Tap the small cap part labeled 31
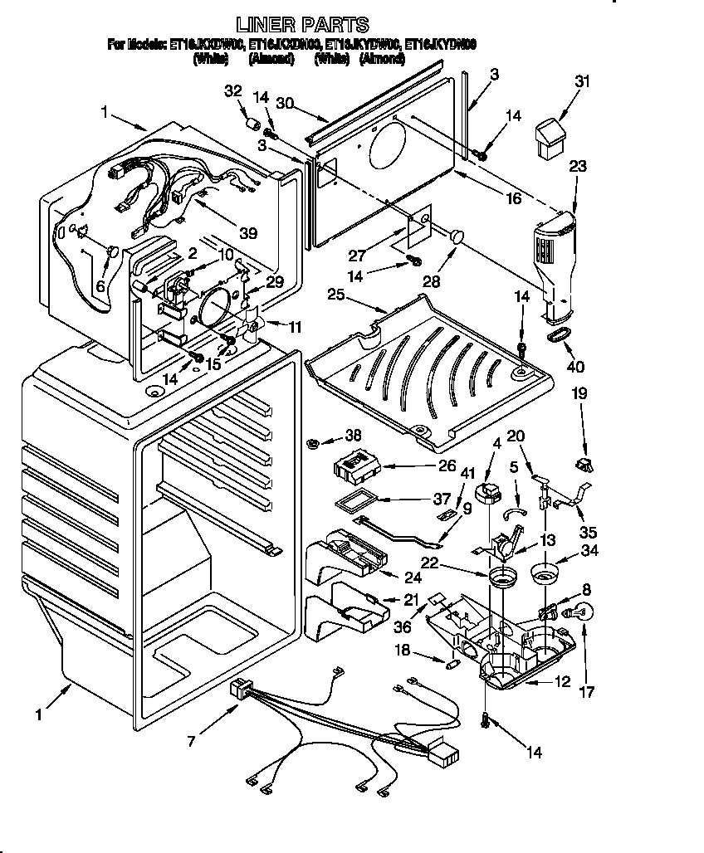549,136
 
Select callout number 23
578,166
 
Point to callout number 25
335,294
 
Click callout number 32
232,91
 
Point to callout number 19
579,394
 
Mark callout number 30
286,103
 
